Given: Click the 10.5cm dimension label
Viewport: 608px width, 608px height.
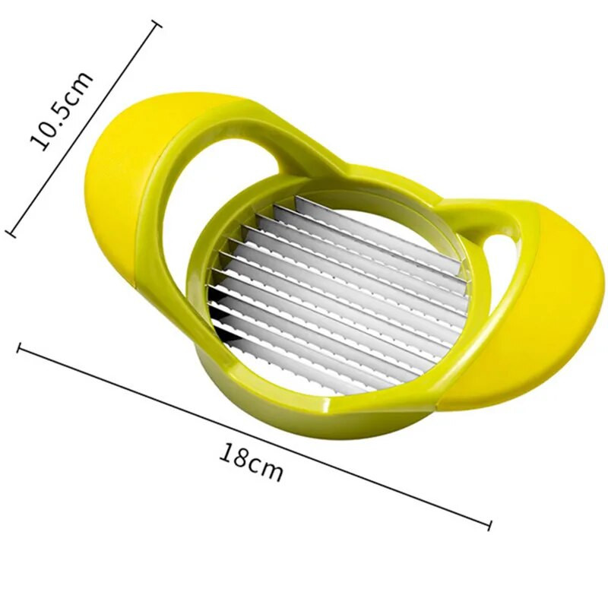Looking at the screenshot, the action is coord(62,111).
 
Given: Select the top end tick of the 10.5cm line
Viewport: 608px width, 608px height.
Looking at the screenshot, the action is coord(157,26).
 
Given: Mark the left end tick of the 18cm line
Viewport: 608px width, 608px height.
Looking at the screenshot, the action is coord(18,348).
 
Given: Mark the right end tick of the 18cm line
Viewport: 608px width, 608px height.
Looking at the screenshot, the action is coord(489,525).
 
